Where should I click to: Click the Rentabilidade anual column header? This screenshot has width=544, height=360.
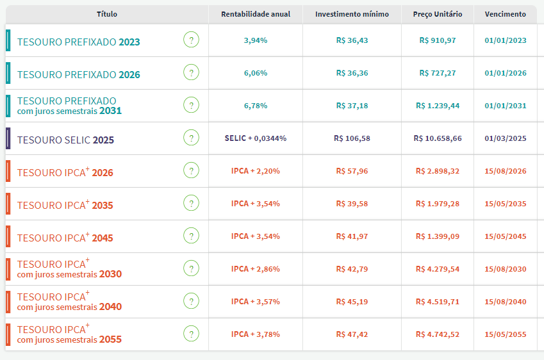tap(256, 14)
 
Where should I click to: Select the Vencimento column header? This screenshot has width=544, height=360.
tap(505, 14)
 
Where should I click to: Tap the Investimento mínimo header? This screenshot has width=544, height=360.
tap(352, 14)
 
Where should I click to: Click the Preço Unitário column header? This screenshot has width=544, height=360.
tap(438, 14)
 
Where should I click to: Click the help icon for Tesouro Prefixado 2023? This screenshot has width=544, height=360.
tap(191, 40)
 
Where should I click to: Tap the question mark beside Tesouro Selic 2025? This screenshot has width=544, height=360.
tap(191, 138)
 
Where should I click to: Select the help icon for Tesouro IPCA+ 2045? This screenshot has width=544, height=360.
tap(191, 236)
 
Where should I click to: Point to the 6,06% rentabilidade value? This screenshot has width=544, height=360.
tap(256, 73)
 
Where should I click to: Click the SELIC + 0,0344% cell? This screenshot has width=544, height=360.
tap(256, 138)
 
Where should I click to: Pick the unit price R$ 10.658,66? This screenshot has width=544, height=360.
tap(438, 138)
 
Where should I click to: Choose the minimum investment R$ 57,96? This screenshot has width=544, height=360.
tap(352, 171)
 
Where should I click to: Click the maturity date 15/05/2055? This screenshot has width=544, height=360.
tap(505, 334)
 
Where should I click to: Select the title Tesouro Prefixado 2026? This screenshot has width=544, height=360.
tap(78, 74)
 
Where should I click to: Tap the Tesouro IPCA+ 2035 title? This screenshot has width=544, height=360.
tap(65, 204)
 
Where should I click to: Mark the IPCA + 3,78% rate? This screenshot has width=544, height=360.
tap(256, 334)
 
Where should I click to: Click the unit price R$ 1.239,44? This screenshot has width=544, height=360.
tap(438, 106)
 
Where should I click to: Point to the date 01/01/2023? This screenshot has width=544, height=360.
tap(505, 40)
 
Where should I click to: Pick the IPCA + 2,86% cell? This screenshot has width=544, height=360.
tap(256, 269)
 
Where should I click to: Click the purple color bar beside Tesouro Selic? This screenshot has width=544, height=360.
tap(8, 138)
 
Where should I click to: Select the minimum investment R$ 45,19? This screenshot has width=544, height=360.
tap(352, 302)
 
